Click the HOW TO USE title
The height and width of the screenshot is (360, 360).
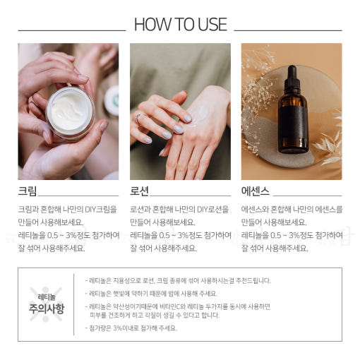tap(181, 24)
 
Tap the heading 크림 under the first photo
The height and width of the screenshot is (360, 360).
tap(28, 191)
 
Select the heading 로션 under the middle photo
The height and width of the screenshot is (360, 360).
tap(139, 191)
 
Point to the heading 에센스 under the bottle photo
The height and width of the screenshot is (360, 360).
tap(256, 191)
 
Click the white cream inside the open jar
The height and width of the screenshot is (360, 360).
tap(70, 111)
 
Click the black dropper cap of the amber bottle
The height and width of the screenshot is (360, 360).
tap(292, 79)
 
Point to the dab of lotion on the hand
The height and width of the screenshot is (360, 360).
tap(199, 114)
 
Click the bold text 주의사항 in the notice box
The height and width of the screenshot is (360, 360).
tap(47, 308)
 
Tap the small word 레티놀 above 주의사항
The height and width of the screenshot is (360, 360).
tap(47, 297)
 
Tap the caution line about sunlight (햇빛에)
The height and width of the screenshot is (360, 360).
tap(151, 294)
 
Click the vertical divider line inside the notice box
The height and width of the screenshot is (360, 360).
tap(74, 304)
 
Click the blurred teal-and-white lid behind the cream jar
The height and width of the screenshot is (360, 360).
tap(112, 100)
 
